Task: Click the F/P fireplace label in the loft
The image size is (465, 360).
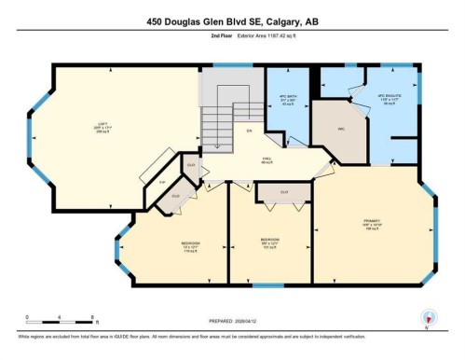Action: click(161, 180)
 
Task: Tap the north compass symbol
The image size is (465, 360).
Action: click(427, 316)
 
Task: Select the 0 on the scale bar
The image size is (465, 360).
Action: click(28, 316)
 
